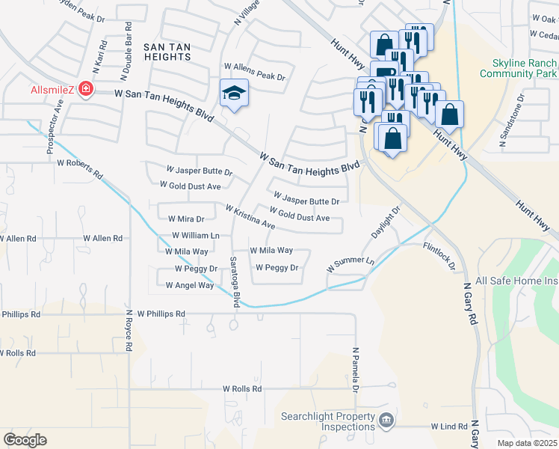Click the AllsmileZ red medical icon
[87, 90]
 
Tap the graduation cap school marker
[234, 94]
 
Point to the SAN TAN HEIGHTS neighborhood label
[165, 54]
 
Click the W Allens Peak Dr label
[259, 76]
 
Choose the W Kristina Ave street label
[250, 216]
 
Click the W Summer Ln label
[350, 263]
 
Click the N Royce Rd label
[128, 332]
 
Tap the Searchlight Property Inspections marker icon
[386, 420]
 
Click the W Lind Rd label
[449, 426]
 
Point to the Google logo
[25, 439]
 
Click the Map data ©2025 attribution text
[527, 443]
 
